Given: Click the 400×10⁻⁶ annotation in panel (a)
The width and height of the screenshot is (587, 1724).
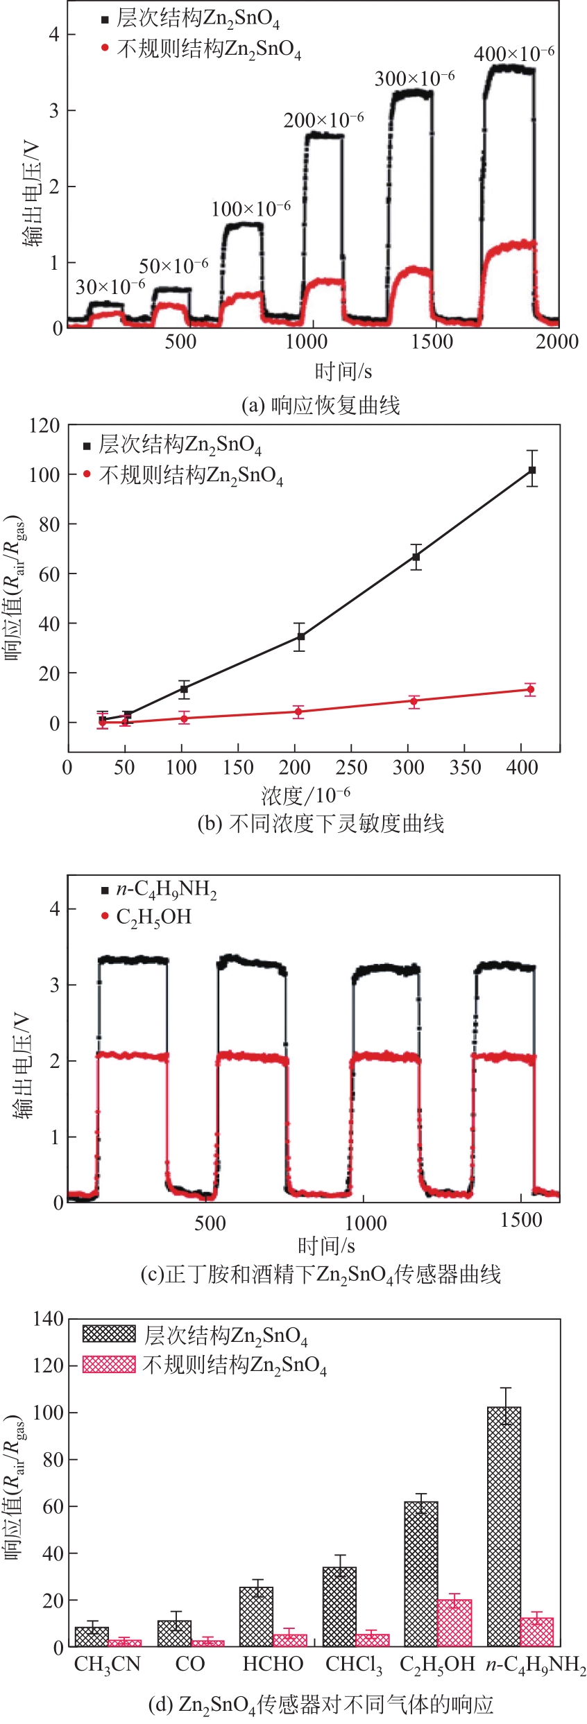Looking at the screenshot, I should pyautogui.click(x=514, y=53).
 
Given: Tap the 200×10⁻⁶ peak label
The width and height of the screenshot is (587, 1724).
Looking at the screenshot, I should pyautogui.click(x=323, y=120).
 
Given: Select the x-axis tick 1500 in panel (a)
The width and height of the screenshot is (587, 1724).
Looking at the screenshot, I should pyautogui.click(x=432, y=341).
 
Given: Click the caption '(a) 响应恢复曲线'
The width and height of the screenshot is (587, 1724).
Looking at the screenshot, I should pyautogui.click(x=321, y=405).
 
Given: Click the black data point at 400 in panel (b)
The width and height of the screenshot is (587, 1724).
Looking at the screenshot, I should pyautogui.click(x=532, y=470).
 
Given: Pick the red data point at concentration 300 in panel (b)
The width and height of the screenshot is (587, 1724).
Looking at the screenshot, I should pyautogui.click(x=414, y=701).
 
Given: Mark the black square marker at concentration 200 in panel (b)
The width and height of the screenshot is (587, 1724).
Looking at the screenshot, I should pyautogui.click(x=300, y=637).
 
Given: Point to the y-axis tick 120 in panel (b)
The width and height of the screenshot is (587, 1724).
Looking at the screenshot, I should pyautogui.click(x=44, y=424).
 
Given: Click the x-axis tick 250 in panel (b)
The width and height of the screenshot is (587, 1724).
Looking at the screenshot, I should pyautogui.click(x=351, y=767).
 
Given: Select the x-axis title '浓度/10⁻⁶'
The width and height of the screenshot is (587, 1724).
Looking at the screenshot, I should pyautogui.click(x=305, y=795).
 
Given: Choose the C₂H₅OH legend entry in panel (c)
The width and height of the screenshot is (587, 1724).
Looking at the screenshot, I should pyautogui.click(x=153, y=917).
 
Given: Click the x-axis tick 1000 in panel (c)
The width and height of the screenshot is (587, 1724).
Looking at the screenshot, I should pyautogui.click(x=365, y=1222).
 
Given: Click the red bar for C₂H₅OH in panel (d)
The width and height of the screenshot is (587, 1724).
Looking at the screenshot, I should pyautogui.click(x=455, y=1622).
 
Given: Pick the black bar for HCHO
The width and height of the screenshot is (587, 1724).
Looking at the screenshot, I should pyautogui.click(x=256, y=1617).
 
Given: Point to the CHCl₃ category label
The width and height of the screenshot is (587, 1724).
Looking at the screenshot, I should pyautogui.click(x=354, y=1664).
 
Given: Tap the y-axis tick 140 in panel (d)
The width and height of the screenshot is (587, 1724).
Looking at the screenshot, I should pyautogui.click(x=48, y=1318).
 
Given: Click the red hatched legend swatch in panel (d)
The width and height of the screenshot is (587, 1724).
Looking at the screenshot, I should pyautogui.click(x=109, y=1364).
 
